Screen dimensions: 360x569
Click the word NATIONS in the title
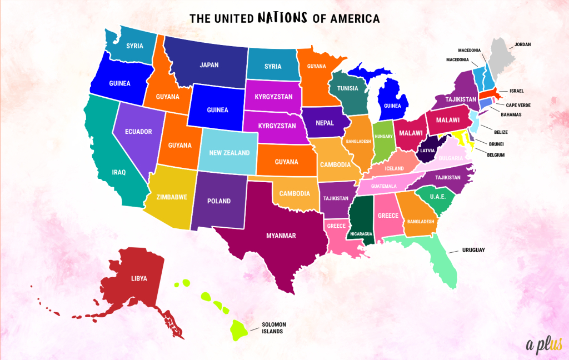(x=283, y=18)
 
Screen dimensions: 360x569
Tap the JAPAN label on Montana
(x=209, y=65)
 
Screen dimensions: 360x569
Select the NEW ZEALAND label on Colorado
(x=229, y=153)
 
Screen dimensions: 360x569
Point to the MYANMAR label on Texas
(x=281, y=236)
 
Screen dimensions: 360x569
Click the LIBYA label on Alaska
(x=139, y=278)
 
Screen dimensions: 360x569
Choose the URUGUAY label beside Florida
(x=473, y=250)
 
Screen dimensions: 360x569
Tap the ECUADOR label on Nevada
(x=138, y=132)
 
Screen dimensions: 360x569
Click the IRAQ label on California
(x=118, y=172)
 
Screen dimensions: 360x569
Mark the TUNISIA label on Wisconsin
(x=347, y=89)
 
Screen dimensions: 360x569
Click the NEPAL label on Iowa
(x=325, y=123)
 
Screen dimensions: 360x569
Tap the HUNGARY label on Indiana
(x=383, y=136)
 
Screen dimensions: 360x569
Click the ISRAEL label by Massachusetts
(x=516, y=91)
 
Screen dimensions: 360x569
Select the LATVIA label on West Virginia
(x=428, y=150)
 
